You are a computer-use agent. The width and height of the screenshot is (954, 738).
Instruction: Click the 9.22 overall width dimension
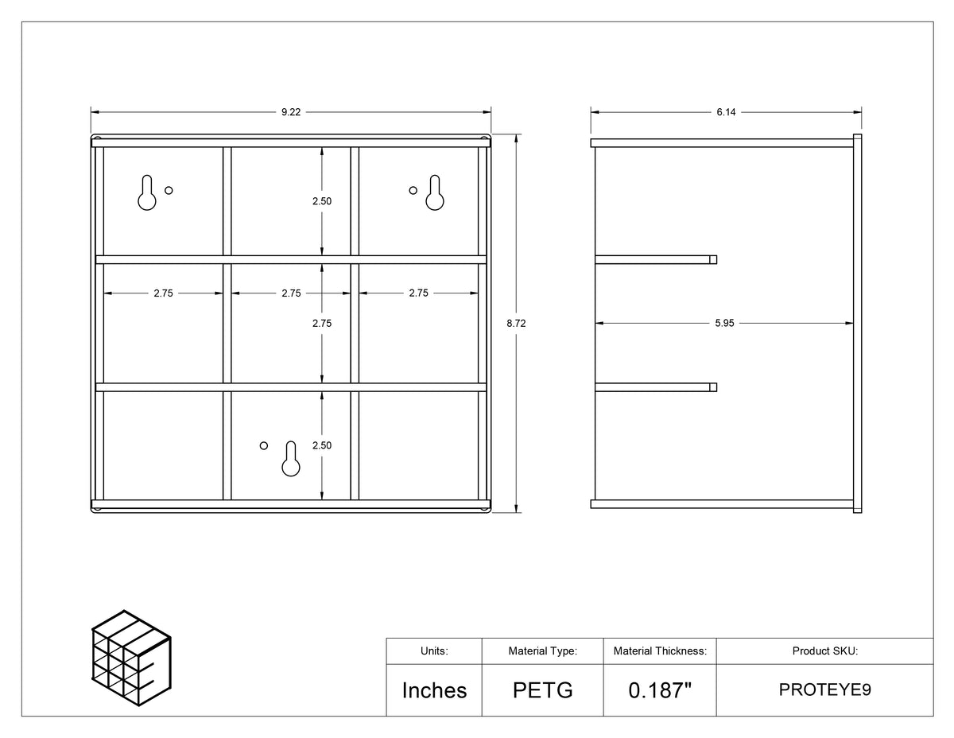pyautogui.click(x=291, y=112)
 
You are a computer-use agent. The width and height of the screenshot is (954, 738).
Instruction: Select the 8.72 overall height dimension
pyautogui.click(x=516, y=323)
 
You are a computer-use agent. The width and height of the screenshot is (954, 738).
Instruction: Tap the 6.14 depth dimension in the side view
pyautogui.click(x=726, y=112)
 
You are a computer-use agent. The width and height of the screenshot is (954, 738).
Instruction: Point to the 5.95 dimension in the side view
pyautogui.click(x=724, y=323)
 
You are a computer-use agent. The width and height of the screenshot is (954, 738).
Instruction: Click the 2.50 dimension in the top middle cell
pyautogui.click(x=322, y=201)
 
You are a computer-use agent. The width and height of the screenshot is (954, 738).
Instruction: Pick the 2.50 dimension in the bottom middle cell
pyautogui.click(x=322, y=445)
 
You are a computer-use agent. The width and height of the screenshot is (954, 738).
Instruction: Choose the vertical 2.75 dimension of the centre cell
pyautogui.click(x=322, y=323)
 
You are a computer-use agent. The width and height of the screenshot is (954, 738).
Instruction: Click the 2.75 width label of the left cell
pyautogui.click(x=163, y=293)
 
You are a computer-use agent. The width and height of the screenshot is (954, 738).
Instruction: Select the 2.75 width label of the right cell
pyautogui.click(x=418, y=293)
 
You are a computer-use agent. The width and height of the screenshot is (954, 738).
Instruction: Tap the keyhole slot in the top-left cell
pyautogui.click(x=146, y=193)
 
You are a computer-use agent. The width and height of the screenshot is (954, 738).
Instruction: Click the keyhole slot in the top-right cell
pyautogui.click(x=435, y=193)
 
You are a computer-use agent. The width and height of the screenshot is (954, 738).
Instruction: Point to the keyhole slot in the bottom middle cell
pyautogui.click(x=291, y=459)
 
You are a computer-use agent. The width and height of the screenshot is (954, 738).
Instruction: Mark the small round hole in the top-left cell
pyautogui.click(x=169, y=190)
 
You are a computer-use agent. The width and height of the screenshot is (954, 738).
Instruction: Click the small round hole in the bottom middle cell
pyautogui.click(x=263, y=445)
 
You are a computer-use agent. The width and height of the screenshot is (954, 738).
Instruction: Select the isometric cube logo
pyautogui.click(x=131, y=658)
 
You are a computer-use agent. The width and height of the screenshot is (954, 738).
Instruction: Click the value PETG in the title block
pyautogui.click(x=543, y=690)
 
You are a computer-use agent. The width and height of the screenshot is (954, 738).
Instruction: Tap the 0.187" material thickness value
pyautogui.click(x=660, y=689)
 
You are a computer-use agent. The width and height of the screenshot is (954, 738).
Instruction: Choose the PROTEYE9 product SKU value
pyautogui.click(x=825, y=689)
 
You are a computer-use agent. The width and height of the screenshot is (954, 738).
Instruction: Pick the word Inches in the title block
pyautogui.click(x=434, y=690)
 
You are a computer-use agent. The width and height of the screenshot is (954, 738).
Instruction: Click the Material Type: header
pyautogui.click(x=543, y=651)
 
